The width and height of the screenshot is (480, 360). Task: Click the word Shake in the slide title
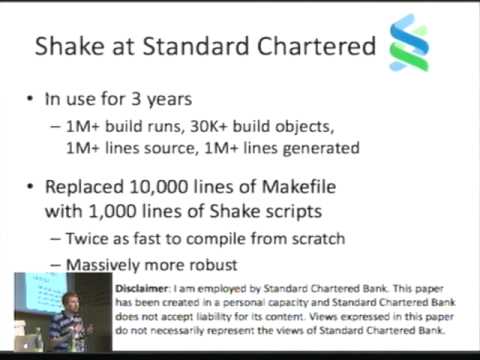tap(72, 46)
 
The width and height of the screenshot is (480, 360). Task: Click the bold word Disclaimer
tap(150, 285)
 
